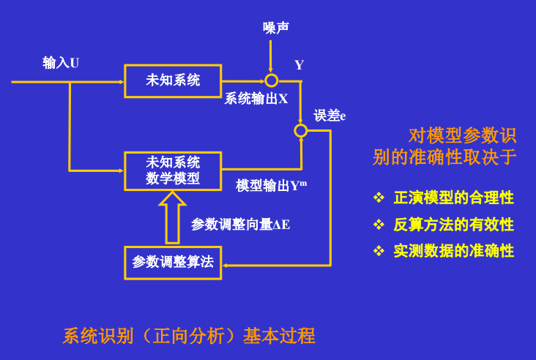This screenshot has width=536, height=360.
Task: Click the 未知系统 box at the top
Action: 172,80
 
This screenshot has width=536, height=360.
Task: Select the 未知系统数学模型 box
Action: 172,170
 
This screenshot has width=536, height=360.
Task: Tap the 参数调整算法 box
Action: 172,262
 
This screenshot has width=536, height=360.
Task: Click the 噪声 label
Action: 276,28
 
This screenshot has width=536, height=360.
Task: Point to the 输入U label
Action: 61,63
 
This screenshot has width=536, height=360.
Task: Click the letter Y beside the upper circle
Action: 299,65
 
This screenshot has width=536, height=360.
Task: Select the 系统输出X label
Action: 256,99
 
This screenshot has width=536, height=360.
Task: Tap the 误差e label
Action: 330,116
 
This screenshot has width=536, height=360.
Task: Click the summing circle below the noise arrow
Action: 271,80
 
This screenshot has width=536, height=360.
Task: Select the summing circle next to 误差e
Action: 300,130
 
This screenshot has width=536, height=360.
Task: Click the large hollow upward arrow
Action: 172,217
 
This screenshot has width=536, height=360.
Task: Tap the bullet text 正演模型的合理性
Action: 453,198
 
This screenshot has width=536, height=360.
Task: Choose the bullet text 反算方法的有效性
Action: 453,225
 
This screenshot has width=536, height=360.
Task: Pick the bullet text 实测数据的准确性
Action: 453,251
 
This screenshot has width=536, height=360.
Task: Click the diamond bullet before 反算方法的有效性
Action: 379,225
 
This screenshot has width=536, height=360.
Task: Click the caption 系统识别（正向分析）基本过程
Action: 189,336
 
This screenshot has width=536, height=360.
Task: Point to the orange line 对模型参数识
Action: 462,135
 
